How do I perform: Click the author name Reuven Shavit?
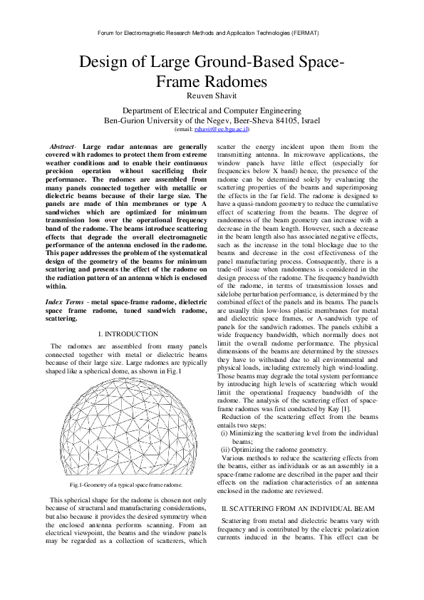pyautogui.click(x=212, y=97)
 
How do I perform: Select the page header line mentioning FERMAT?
pyautogui.click(x=212, y=33)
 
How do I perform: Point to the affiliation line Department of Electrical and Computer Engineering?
pyautogui.click(x=212, y=111)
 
